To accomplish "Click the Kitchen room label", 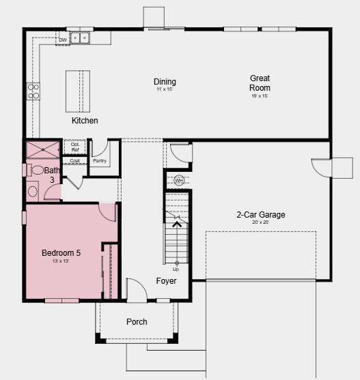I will point(85,121).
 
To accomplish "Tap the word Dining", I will point(165,82).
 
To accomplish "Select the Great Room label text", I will point(260,83).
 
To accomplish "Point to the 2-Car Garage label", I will point(261,215).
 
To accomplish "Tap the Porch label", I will point(137,322).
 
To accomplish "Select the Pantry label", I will point(99,161).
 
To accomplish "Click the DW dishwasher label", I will point(63,40).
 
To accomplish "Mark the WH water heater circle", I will point(179,181).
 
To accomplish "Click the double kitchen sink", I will point(83,38).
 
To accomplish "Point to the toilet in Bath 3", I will point(36,171).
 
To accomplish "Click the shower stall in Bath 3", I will point(43,149).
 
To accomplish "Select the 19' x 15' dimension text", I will point(260,96).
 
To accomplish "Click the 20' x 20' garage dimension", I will point(261,223).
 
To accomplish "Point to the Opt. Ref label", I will point(75,147).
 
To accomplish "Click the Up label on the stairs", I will point(176,269).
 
